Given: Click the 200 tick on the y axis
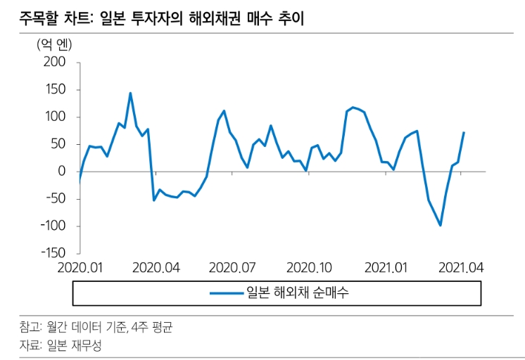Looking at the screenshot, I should pyautogui.click(x=55, y=63).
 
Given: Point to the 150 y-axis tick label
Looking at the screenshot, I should pyautogui.click(x=55, y=90).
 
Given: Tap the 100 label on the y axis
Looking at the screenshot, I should pyautogui.click(x=55, y=117).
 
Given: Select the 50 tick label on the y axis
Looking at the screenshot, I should pyautogui.click(x=58, y=144).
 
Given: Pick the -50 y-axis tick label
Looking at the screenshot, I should pyautogui.click(x=54, y=198).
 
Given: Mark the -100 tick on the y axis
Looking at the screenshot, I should pyautogui.click(x=51, y=226).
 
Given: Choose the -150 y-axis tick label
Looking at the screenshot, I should pyautogui.click(x=51, y=253).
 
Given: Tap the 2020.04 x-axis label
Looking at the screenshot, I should pyautogui.click(x=156, y=268).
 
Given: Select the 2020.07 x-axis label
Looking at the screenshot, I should pyautogui.click(x=232, y=268).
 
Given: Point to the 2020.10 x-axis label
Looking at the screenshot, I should pyautogui.click(x=308, y=268).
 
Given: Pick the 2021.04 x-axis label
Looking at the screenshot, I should pyautogui.click(x=461, y=268).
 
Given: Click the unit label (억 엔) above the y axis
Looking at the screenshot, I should pyautogui.click(x=55, y=44).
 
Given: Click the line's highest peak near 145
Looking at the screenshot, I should pyautogui.click(x=130, y=93).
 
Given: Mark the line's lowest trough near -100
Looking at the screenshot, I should pyautogui.click(x=441, y=225).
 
